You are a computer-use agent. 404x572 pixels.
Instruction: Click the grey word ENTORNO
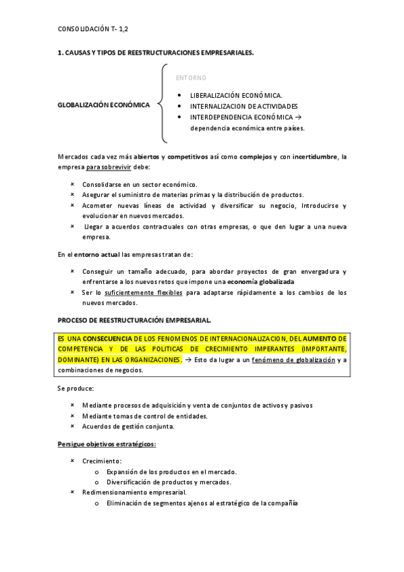(191, 78)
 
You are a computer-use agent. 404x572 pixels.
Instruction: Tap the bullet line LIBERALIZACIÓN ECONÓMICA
(235, 95)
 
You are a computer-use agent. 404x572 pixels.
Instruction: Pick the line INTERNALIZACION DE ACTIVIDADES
(243, 106)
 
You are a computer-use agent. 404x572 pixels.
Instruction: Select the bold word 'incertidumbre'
(312, 156)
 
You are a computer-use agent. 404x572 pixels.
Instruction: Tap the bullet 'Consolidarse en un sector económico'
(140, 184)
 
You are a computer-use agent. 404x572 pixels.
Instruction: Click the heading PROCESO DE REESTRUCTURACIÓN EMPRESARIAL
(135, 319)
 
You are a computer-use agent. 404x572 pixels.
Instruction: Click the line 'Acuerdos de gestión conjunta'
(128, 426)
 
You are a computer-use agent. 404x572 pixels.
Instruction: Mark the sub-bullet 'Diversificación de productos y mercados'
(169, 482)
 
